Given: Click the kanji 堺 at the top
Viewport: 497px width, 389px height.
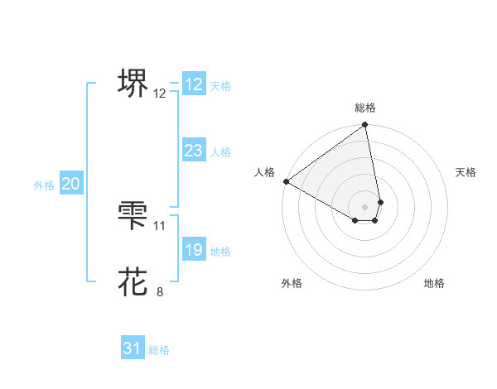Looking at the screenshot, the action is pos(133,84).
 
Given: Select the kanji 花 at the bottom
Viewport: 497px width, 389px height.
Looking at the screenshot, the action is pos(133,281).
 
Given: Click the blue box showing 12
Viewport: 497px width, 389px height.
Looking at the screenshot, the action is pos(194,84).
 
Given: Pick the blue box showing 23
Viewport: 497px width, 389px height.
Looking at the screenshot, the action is pos(194,151).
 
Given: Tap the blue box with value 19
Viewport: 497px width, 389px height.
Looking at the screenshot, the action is pos(194,250).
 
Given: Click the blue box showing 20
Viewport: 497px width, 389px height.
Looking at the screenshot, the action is pos(70,184).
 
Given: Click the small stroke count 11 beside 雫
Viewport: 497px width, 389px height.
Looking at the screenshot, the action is pos(160,225).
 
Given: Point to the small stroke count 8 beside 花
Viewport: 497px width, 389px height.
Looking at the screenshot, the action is pos(160,291).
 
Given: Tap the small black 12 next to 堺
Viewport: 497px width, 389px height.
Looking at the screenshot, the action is pos(160,94).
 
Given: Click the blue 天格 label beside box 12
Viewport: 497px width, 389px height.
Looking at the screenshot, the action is pos(220,86).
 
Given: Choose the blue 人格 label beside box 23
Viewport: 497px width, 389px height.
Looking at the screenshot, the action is pos(220,152).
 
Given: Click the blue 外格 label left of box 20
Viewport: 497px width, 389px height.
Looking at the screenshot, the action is pos(44,185).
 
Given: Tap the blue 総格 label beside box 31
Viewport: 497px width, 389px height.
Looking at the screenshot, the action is pos(159,350).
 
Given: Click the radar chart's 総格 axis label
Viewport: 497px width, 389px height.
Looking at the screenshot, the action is pos(365,108).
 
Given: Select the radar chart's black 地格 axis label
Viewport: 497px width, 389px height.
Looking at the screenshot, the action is pos(434,283).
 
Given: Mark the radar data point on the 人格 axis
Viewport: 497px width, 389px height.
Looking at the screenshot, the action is pos(286,181).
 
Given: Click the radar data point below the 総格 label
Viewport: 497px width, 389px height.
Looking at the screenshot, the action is pos(365,126).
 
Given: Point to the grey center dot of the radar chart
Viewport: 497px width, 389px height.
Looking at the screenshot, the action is pos(365,206).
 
